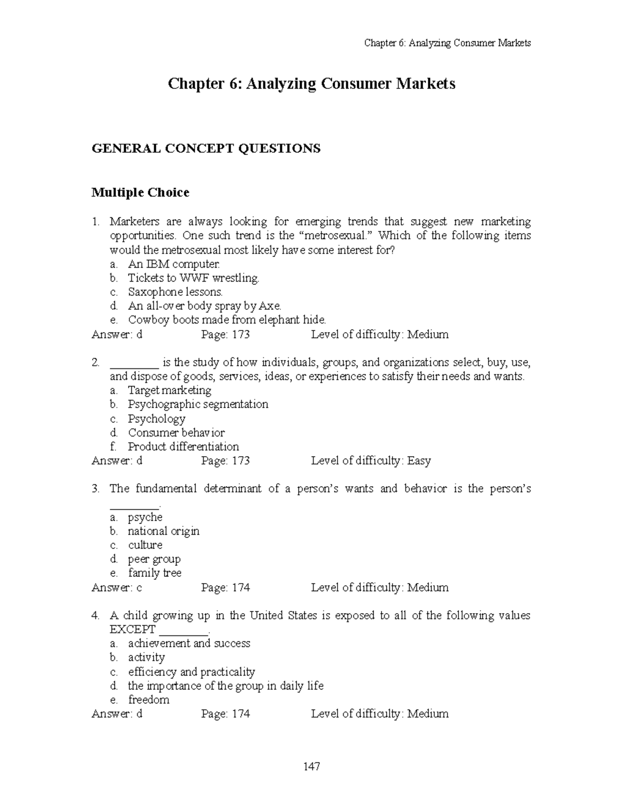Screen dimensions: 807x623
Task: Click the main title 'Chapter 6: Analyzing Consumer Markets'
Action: pyautogui.click(x=311, y=84)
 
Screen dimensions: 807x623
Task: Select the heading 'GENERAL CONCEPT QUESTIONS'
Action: pyautogui.click(x=206, y=149)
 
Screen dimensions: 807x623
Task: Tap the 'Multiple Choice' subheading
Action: pyautogui.click(x=140, y=193)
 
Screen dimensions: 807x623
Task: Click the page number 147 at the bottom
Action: pyautogui.click(x=311, y=766)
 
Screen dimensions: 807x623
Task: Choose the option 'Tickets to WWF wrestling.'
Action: pyautogui.click(x=193, y=278)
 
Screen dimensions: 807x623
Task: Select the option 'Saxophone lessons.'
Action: pyautogui.click(x=175, y=292)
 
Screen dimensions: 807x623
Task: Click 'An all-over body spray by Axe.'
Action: pyautogui.click(x=205, y=306)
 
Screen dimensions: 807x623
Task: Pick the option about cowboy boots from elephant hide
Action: pyautogui.click(x=227, y=320)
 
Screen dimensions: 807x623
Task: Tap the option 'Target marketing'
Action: pyautogui.click(x=169, y=390)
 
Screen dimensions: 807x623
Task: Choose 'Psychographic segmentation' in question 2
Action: pyautogui.click(x=198, y=404)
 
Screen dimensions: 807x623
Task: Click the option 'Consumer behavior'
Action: pyautogui.click(x=176, y=432)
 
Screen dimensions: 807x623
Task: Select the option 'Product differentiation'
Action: pyautogui.click(x=183, y=446)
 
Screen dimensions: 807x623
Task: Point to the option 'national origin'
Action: pyautogui.click(x=164, y=531)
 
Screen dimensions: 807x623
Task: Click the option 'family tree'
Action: pyautogui.click(x=155, y=573)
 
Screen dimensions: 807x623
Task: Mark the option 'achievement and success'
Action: pyautogui.click(x=189, y=643)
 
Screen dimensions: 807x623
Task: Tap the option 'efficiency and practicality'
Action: pyautogui.click(x=192, y=671)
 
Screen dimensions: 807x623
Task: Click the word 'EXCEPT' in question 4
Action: pyautogui.click(x=132, y=630)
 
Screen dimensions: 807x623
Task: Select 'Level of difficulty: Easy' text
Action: pyautogui.click(x=371, y=461)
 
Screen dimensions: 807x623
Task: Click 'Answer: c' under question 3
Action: pyautogui.click(x=117, y=588)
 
